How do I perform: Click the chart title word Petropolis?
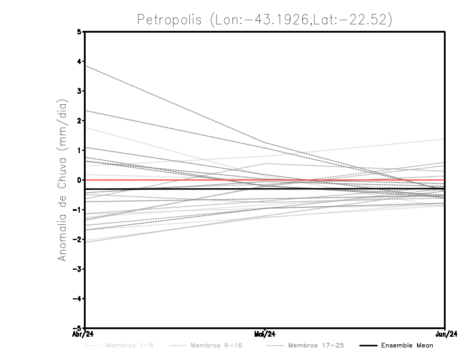pyautogui.click(x=170, y=19)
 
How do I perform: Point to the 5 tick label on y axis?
pyautogui.click(x=79, y=32)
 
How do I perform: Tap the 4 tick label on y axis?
pyautogui.click(x=79, y=62)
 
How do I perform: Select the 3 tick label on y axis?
pyautogui.click(x=79, y=91)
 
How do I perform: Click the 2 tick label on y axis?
pyautogui.click(x=79, y=121)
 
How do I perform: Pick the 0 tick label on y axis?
pyautogui.click(x=79, y=180)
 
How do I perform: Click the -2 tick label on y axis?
pyautogui.click(x=77, y=239)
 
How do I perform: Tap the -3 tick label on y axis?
pyautogui.click(x=77, y=269)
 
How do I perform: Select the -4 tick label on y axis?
pyautogui.click(x=77, y=299)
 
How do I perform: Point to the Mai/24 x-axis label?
pyautogui.click(x=265, y=334)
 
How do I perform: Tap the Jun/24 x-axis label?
pyautogui.click(x=445, y=334)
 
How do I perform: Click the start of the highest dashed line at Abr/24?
pyautogui.click(x=86, y=65)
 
